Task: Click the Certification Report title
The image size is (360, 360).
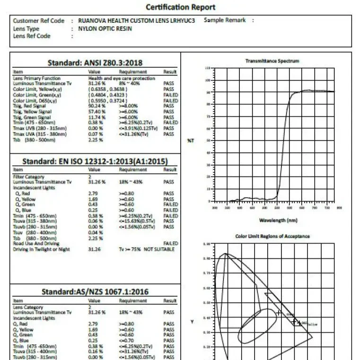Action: coord(180,7)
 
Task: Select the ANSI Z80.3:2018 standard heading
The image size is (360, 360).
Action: coord(95,62)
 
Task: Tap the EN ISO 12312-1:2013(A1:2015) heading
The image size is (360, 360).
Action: coord(95,161)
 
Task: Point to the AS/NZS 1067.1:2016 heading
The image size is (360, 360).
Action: coord(95,291)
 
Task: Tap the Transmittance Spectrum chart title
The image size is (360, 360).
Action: coord(272,61)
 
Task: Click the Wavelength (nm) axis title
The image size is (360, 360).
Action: coord(279,220)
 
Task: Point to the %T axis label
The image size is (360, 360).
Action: coord(191,140)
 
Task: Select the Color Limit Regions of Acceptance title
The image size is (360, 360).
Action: coord(272,236)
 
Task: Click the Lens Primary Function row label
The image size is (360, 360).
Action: coord(37,78)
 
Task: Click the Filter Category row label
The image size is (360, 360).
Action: coord(29,176)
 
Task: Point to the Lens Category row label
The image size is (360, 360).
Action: coord(28,307)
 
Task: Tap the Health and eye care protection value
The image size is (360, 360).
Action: coord(122,78)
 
